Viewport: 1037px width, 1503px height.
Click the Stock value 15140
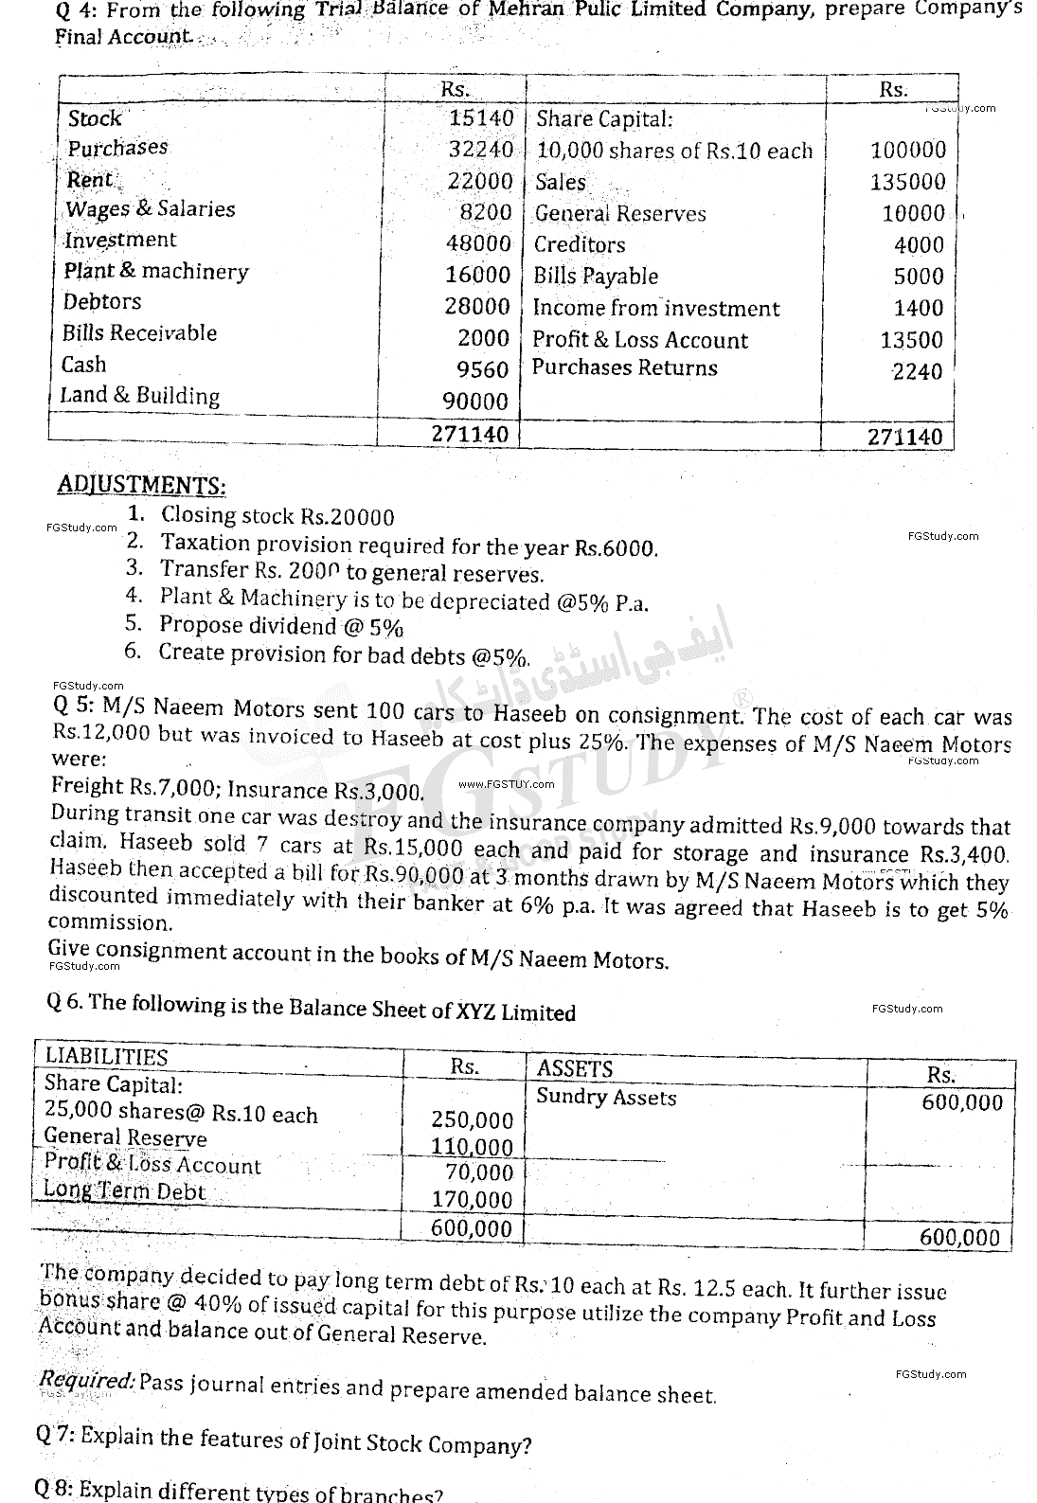(x=481, y=118)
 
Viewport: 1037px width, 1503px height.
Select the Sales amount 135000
(x=907, y=182)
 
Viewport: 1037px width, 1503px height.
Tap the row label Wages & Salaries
(x=150, y=209)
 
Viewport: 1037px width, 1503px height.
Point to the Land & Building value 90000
(x=476, y=402)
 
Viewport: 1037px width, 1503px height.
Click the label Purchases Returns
(x=625, y=368)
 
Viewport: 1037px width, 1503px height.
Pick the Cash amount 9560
(x=483, y=370)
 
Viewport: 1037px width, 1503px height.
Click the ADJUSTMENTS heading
(x=142, y=485)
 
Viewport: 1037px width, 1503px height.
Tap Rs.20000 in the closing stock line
(x=347, y=517)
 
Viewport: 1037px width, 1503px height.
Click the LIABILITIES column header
(x=106, y=1058)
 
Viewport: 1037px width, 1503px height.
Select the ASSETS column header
(x=575, y=1069)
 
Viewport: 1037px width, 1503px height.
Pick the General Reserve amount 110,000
(x=472, y=1147)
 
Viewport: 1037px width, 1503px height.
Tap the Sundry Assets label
(x=606, y=1098)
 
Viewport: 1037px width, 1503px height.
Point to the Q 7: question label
(x=55, y=1434)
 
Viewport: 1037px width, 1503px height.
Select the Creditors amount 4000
(x=919, y=245)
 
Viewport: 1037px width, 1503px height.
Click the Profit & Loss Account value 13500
(x=912, y=340)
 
